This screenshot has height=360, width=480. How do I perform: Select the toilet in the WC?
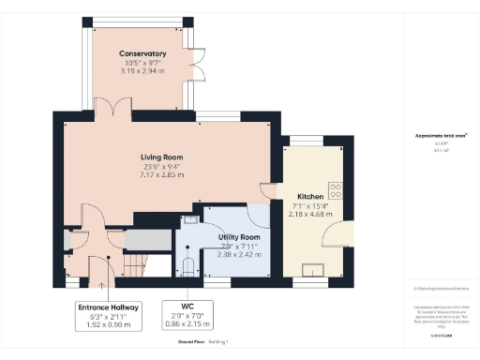[187, 267]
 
